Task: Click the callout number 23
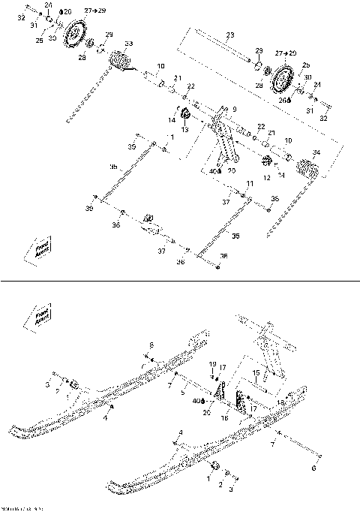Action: [229, 35]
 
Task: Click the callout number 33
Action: [129, 44]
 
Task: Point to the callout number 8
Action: [151, 345]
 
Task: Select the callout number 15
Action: [256, 372]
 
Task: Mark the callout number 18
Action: [283, 403]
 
